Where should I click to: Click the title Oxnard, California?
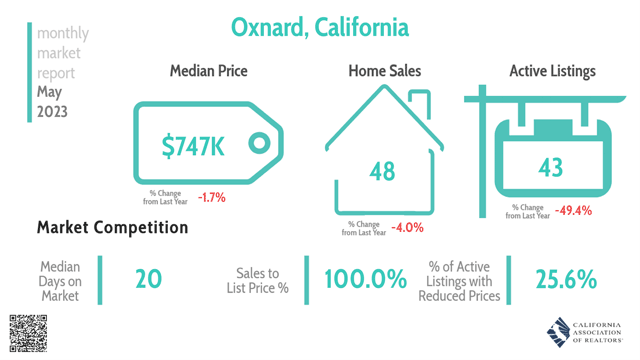tap(319, 27)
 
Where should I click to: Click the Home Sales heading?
tap(384, 71)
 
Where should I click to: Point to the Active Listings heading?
tap(552, 71)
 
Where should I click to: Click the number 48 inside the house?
tap(382, 171)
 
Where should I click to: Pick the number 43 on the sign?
tap(550, 166)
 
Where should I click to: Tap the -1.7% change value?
tap(211, 197)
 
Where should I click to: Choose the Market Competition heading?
tap(112, 228)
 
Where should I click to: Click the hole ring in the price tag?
tap(259, 143)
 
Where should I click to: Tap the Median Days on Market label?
tap(61, 281)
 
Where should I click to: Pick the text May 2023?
tap(52, 102)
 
